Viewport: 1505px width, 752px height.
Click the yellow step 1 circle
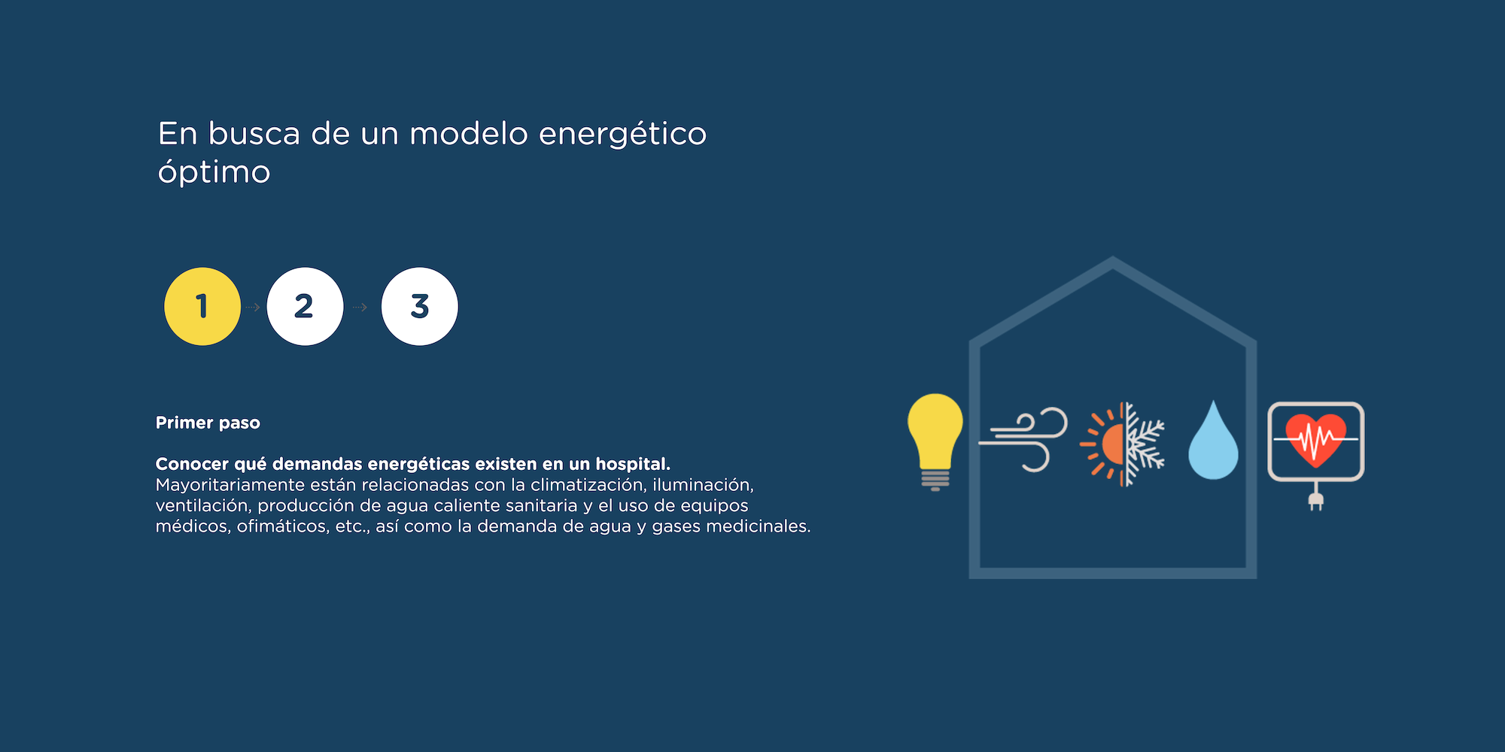202,306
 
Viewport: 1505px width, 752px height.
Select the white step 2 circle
305,306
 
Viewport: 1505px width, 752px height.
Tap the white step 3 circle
419,306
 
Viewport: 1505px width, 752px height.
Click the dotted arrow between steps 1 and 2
253,307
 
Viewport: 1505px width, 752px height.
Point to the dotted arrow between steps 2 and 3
360,307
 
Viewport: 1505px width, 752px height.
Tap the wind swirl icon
1023,439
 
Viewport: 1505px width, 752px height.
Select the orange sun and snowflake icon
1122,444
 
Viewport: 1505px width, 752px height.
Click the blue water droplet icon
1213,441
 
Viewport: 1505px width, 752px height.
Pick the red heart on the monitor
1315,438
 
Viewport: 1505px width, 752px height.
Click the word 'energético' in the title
623,135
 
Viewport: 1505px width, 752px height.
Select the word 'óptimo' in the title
214,172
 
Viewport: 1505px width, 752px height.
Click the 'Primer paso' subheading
208,423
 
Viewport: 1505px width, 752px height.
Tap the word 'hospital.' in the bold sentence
633,464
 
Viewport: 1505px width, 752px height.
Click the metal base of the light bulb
935,480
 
